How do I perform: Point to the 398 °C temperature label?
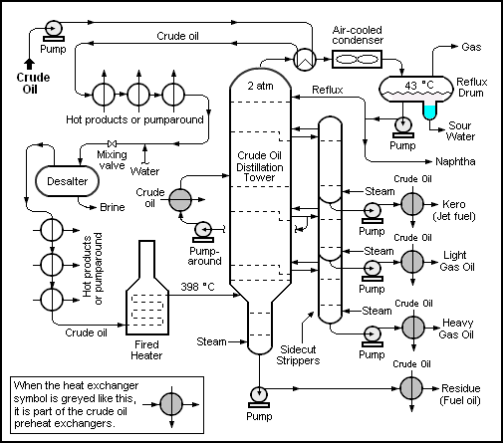(199, 288)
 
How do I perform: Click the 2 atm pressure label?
(261, 87)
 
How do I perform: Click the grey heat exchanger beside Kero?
(409, 203)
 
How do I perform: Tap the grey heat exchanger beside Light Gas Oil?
(409, 263)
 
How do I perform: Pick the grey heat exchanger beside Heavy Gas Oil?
(409, 327)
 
